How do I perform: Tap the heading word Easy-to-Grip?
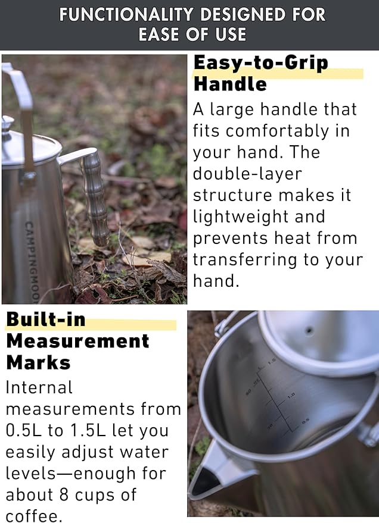(260, 62)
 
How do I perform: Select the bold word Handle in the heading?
(230, 84)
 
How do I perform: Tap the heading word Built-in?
(46, 320)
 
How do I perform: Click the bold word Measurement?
(77, 341)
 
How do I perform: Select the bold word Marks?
(38, 362)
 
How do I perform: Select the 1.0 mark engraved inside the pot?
(291, 395)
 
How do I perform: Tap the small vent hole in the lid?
(309, 328)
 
